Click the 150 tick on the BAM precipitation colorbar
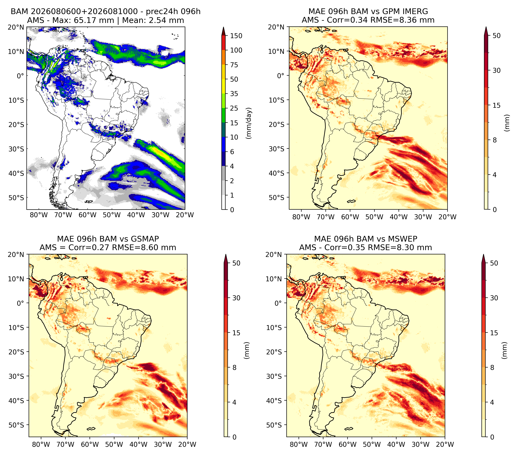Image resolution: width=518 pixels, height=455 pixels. [x=236, y=36]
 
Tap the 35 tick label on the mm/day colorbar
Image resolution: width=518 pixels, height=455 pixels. [x=234, y=94]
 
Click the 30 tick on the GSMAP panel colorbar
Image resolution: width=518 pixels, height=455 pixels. [x=236, y=298]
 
